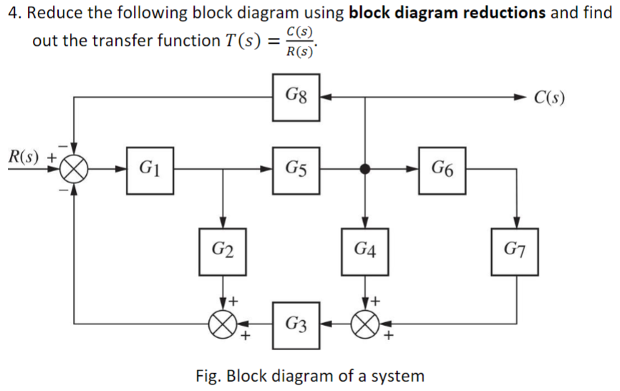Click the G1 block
click(x=150, y=170)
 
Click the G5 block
click(x=296, y=170)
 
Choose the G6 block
click(x=442, y=170)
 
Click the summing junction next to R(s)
click(x=74, y=170)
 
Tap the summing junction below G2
click(x=223, y=324)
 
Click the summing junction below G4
click(x=365, y=324)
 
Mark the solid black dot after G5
click(x=365, y=170)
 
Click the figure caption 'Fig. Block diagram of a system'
click(x=309, y=375)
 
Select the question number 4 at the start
click(x=9, y=13)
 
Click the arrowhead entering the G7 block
click(x=515, y=223)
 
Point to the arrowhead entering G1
click(x=121, y=170)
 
